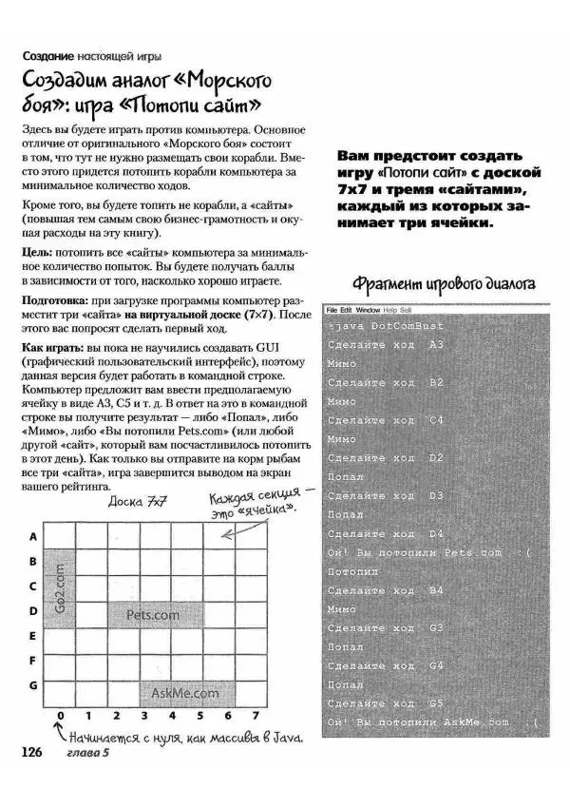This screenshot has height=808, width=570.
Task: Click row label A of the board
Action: point(32,536)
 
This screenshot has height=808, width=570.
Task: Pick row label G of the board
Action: point(32,684)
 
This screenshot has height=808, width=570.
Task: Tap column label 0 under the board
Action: point(60,715)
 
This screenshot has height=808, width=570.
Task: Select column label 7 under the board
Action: point(256,715)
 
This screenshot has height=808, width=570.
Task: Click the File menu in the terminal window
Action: point(332,310)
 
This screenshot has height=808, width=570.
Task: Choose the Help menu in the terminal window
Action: point(389,310)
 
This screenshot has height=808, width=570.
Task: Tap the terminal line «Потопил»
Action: point(352,571)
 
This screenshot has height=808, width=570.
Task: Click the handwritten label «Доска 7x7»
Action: point(138,502)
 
